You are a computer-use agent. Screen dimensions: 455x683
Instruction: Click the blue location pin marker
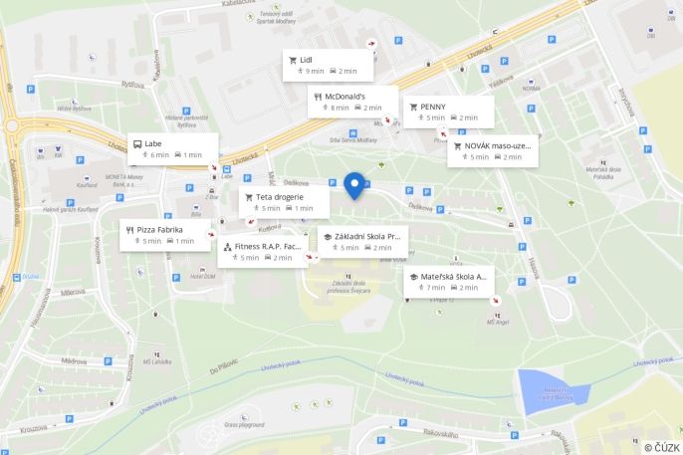(x=353, y=185)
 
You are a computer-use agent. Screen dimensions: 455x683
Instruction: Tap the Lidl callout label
(x=328, y=65)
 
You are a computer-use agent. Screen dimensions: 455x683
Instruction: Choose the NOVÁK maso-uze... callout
(x=492, y=151)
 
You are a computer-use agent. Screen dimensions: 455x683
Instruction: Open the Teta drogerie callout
(x=285, y=202)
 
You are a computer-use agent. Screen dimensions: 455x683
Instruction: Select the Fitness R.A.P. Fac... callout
(x=263, y=251)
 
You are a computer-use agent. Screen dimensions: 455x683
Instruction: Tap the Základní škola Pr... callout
(x=362, y=241)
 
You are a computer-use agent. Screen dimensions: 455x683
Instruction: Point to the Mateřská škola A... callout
(x=448, y=281)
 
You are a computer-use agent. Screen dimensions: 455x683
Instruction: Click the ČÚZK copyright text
(x=661, y=447)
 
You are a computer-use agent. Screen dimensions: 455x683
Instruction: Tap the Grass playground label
(x=244, y=424)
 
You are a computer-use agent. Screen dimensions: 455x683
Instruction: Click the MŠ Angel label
(x=497, y=321)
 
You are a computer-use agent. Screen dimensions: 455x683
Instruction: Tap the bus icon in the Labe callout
(x=137, y=143)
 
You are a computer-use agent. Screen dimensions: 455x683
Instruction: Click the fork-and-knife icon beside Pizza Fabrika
(x=130, y=229)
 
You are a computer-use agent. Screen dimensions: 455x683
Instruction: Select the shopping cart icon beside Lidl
(x=293, y=60)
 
